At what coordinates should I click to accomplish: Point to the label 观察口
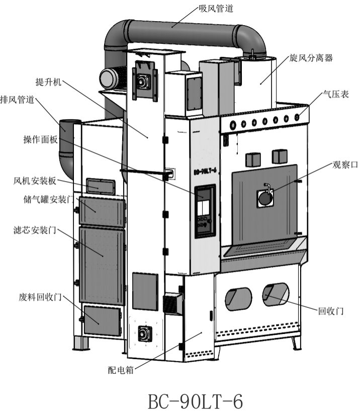click(344, 164)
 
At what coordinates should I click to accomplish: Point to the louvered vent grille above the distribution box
click(172, 303)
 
